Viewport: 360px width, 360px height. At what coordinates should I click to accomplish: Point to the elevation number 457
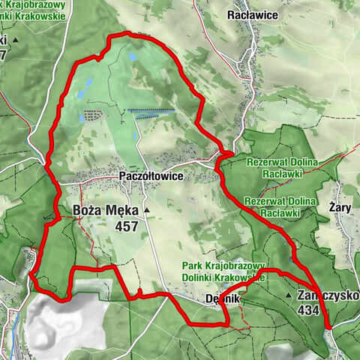click(127, 226)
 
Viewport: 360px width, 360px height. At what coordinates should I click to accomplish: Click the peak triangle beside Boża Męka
click(147, 211)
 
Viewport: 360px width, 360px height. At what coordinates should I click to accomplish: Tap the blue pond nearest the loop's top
click(133, 55)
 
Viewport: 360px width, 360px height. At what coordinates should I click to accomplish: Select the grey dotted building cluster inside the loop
click(93, 116)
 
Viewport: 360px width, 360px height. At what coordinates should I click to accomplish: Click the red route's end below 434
click(328, 325)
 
